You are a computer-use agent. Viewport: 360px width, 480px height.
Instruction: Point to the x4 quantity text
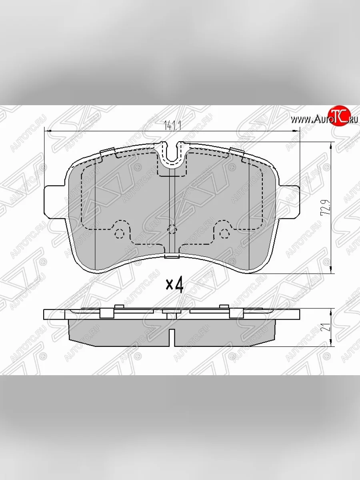point(174,285)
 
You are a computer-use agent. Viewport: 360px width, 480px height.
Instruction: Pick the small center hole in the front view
point(172,229)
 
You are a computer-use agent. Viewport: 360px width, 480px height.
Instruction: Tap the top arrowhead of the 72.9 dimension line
point(331,145)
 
